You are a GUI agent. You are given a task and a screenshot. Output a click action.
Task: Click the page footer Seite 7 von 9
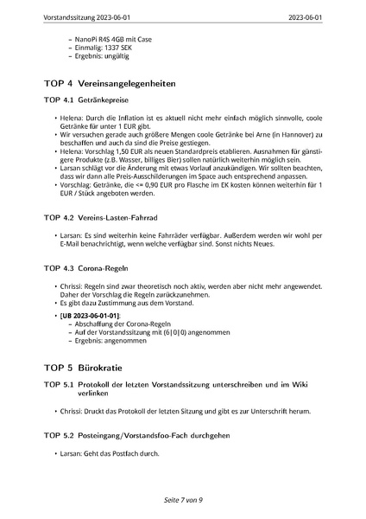[182, 500]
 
